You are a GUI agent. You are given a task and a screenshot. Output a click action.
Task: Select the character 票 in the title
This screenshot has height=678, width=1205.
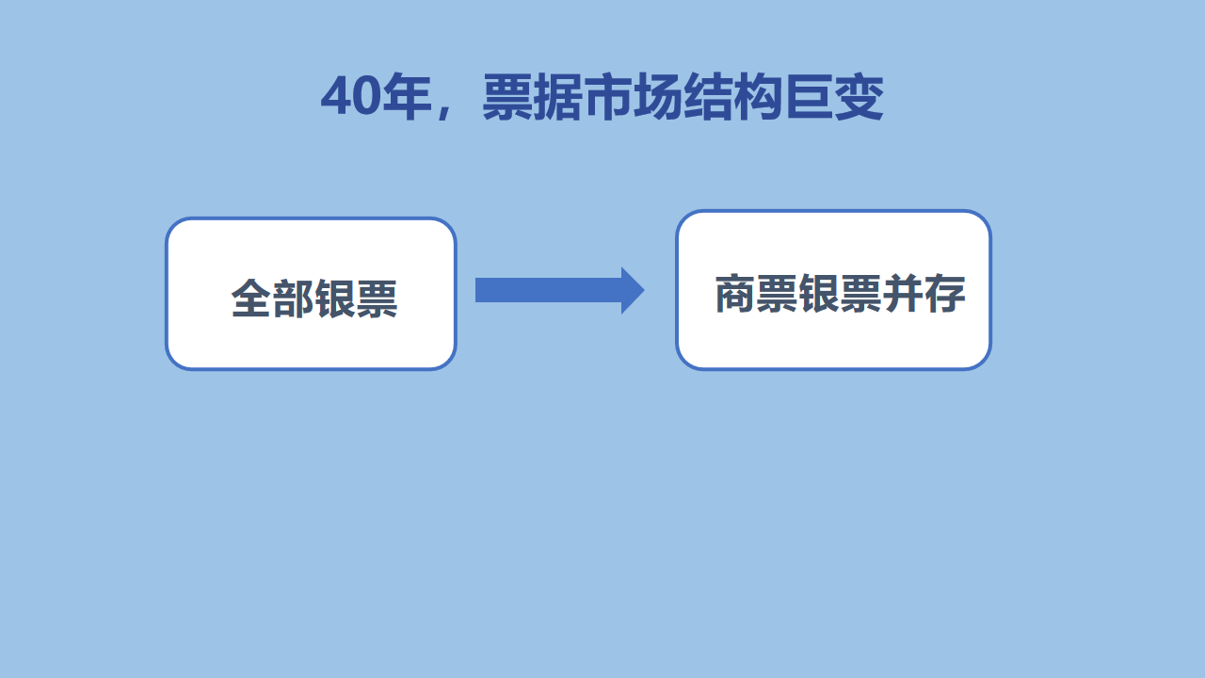(506, 97)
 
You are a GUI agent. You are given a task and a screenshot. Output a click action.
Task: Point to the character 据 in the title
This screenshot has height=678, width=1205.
(556, 97)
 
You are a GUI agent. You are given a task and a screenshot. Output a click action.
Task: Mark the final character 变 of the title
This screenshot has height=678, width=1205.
(859, 97)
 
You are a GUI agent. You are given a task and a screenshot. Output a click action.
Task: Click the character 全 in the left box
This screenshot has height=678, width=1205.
(251, 298)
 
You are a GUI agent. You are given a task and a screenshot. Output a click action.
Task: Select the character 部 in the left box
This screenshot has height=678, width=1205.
(293, 298)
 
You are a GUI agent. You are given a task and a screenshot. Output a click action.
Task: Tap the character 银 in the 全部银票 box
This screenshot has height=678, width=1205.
(334, 298)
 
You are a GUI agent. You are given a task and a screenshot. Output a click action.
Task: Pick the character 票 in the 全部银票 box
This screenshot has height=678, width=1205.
(377, 298)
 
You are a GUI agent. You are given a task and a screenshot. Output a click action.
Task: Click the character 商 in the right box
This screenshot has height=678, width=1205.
(735, 293)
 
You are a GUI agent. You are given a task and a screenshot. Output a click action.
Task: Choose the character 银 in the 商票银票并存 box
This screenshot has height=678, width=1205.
(819, 293)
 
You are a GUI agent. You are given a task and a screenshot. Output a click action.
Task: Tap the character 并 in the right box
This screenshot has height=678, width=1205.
(903, 293)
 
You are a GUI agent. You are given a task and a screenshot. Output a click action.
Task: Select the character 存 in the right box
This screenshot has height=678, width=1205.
(945, 293)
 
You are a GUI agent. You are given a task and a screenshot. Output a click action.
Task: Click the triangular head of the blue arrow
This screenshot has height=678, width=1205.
(632, 291)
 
